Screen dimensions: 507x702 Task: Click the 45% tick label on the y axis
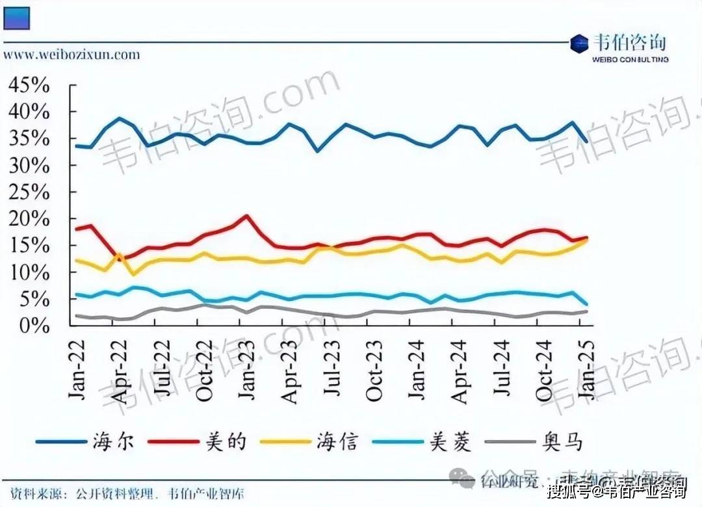(x=29, y=85)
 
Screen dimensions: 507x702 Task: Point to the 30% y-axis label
(x=29, y=166)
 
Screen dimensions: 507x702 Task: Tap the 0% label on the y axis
(x=35, y=326)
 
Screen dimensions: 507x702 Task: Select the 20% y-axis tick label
(x=29, y=219)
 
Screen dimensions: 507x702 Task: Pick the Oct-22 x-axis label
(x=204, y=369)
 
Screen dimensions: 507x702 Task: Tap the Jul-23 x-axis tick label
(x=332, y=369)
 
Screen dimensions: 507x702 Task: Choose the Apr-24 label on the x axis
(x=460, y=369)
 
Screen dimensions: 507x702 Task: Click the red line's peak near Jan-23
(x=247, y=216)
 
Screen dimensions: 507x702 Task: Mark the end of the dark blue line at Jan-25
(x=587, y=141)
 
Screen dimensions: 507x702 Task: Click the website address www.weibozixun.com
(x=71, y=54)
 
